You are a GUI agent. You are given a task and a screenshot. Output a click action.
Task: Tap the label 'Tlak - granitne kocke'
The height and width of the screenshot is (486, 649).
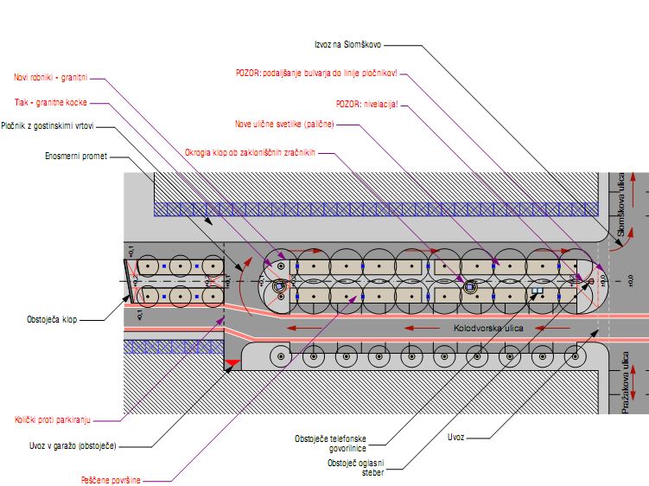click(x=49, y=102)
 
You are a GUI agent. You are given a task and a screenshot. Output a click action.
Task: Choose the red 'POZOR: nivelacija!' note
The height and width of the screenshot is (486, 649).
click(x=367, y=104)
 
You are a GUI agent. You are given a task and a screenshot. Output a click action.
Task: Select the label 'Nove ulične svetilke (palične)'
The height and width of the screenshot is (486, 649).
click(x=283, y=124)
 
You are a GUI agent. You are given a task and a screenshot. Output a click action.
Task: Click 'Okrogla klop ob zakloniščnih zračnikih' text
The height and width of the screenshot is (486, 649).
click(x=249, y=153)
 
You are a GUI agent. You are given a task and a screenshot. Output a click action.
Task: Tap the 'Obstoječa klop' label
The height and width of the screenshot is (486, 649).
click(x=52, y=319)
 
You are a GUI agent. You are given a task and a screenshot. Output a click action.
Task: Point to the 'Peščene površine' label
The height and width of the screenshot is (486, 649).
click(x=111, y=478)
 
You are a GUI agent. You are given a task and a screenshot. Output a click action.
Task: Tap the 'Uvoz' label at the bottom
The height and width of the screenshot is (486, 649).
click(x=456, y=438)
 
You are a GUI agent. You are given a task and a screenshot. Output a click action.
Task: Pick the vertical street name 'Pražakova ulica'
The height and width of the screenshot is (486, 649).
click(x=627, y=381)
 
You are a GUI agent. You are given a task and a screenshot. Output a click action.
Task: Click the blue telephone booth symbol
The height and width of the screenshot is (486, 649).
click(x=537, y=291)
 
